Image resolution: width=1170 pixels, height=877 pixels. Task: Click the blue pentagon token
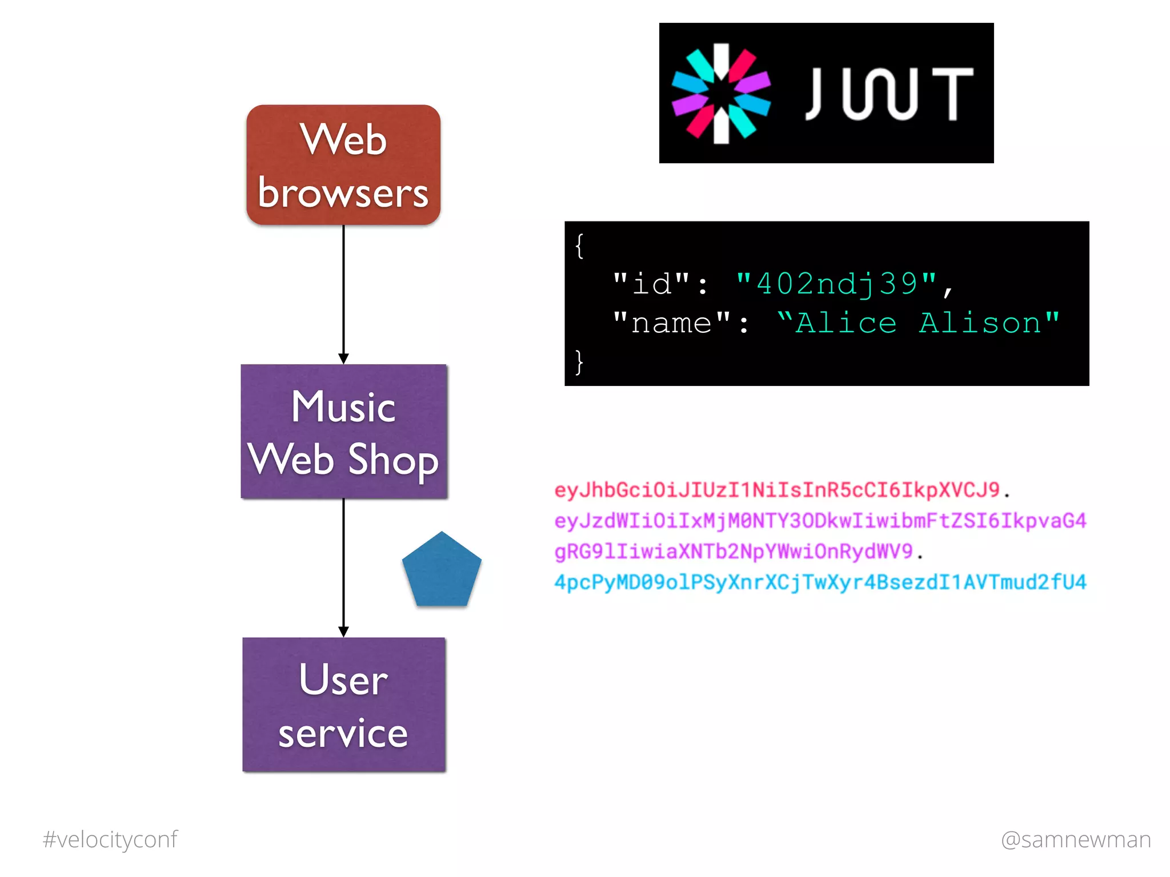pos(442,571)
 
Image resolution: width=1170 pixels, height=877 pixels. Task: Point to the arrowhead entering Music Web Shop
pos(343,359)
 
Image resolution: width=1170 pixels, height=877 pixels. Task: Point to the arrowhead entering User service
pos(343,631)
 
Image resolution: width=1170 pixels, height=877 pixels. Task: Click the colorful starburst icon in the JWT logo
pos(721,94)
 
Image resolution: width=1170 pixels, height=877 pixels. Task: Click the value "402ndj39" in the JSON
pos(837,284)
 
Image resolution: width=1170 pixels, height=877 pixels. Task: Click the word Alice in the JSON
pos(846,323)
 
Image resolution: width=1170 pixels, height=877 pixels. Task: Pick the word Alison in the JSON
pos(980,323)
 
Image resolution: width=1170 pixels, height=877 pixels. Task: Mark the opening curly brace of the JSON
pos(579,246)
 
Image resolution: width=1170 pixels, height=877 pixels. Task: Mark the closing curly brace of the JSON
pos(579,362)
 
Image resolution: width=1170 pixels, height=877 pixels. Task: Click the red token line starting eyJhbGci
pos(777,490)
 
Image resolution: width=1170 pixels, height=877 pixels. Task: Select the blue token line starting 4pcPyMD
pos(820,582)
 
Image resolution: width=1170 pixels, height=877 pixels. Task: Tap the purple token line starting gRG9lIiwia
pos(734,552)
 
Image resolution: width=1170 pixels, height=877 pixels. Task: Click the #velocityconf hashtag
pos(110,839)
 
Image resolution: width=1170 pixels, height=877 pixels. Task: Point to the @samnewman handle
pos(1076,839)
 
